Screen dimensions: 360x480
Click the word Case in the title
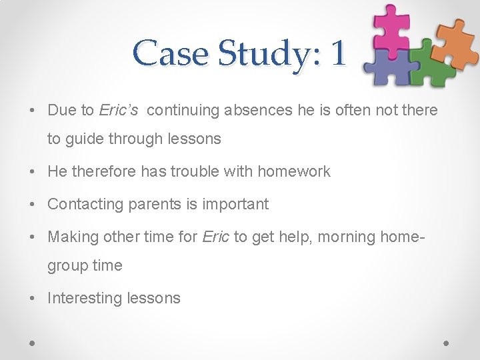pyautogui.click(x=170, y=53)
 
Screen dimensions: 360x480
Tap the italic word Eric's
pyautogui.click(x=119, y=111)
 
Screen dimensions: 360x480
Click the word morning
pyautogui.click(x=349, y=237)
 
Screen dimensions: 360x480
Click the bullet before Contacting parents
pyautogui.click(x=35, y=205)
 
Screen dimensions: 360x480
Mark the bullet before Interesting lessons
pyautogui.click(x=35, y=299)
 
